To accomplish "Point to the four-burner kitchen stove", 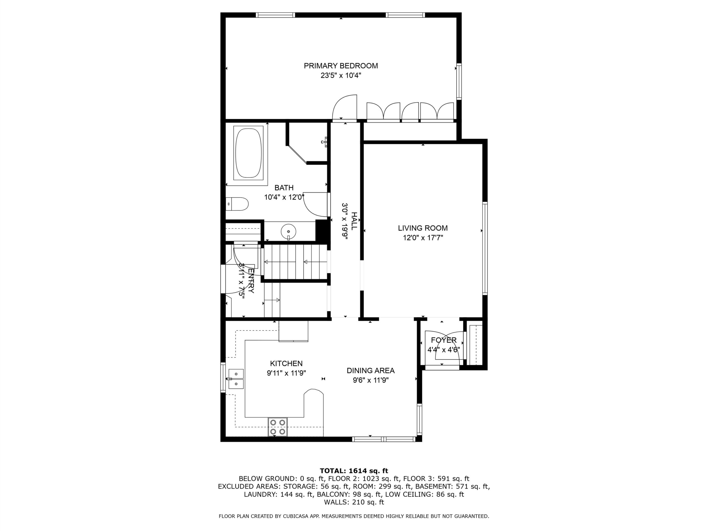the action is coord(277,427).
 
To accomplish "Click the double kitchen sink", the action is coord(236,379).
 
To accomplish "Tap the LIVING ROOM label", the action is coord(423,228).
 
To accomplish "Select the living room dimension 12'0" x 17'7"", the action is coord(423,238).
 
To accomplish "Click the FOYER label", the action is coord(444,340).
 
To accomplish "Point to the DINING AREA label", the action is coord(371,371).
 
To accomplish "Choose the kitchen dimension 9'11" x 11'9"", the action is coord(287,373).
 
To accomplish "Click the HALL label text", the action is coord(354,221).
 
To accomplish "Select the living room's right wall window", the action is coord(485,248).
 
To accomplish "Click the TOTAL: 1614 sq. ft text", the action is coord(354,471).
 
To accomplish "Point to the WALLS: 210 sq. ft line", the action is coord(354,502).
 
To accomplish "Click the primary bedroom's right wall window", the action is coord(459,81).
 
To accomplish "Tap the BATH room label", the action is coord(284,188).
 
